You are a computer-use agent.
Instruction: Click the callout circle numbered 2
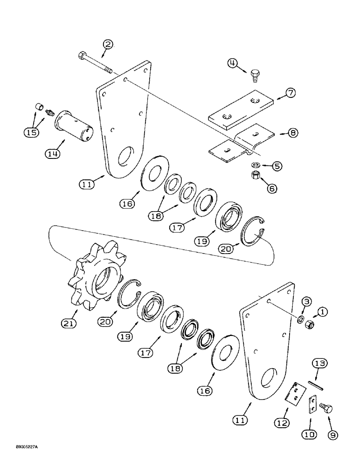click(x=108, y=45)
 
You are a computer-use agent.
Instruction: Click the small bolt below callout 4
click(x=254, y=74)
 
